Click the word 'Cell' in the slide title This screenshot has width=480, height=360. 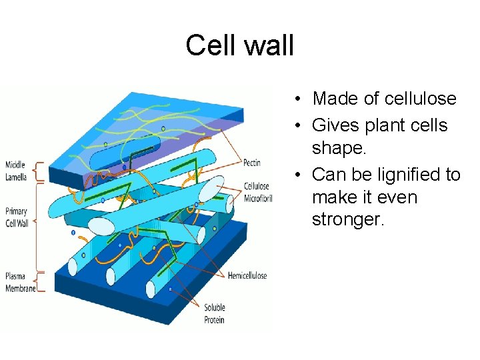coord(208,45)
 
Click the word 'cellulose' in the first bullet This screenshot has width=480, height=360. coord(419,99)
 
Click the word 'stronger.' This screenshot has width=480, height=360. coord(348,220)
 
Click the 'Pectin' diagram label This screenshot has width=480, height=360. coord(253,163)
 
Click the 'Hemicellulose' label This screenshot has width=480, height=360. coord(247,275)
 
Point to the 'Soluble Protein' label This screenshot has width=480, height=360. coord(214,313)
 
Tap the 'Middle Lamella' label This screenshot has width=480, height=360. coord(16,171)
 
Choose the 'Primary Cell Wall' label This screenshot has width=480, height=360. coord(17,218)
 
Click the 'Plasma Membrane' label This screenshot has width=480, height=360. coord(19,283)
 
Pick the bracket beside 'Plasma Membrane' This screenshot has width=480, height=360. coord(39,281)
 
